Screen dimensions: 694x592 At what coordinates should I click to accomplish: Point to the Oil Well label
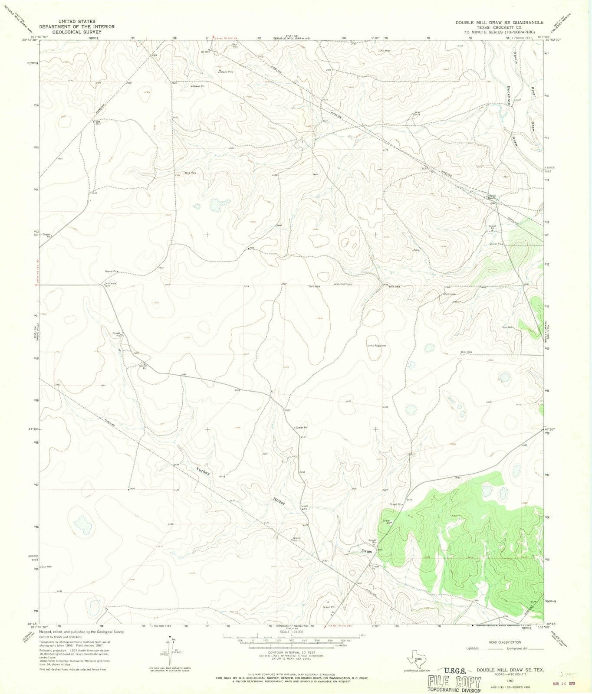tap(205, 51)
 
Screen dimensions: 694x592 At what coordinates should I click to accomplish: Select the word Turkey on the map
tap(203, 471)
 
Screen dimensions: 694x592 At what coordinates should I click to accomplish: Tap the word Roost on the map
tap(279, 501)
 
